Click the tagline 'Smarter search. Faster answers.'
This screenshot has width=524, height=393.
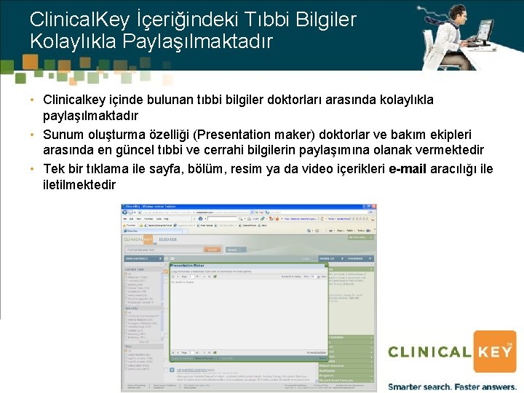[450, 386]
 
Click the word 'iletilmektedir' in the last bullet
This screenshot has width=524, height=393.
[79, 185]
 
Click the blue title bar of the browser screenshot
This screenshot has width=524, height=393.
[247, 207]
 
